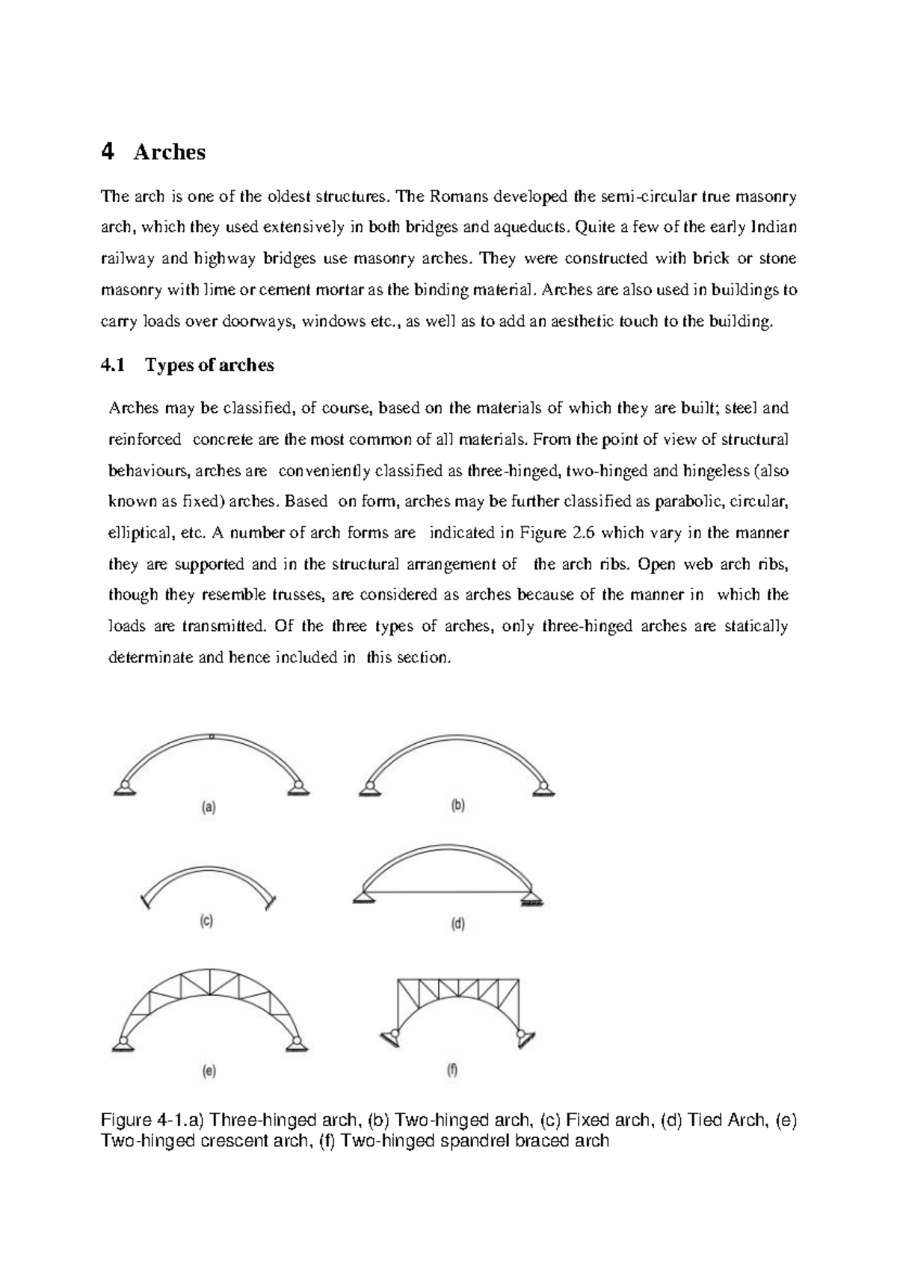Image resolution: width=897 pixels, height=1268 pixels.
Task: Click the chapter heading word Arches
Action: coord(169,153)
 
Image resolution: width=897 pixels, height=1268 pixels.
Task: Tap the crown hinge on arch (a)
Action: coord(212,736)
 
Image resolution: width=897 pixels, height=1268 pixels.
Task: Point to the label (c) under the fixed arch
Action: coord(206,921)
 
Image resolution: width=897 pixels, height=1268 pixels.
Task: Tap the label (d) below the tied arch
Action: coord(457,924)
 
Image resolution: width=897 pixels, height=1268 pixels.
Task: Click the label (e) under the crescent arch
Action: coord(210,1071)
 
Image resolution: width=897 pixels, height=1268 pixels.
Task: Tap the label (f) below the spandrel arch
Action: coord(452,1071)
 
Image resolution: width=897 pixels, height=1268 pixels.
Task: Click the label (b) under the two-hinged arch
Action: coord(457,806)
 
